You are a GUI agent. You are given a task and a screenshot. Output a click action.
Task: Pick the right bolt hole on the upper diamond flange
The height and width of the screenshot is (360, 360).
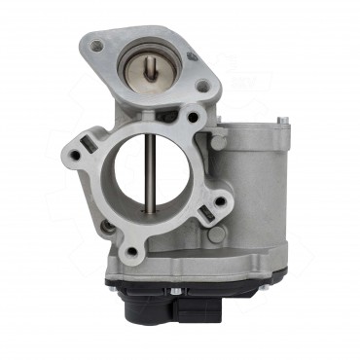tap(201, 86)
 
